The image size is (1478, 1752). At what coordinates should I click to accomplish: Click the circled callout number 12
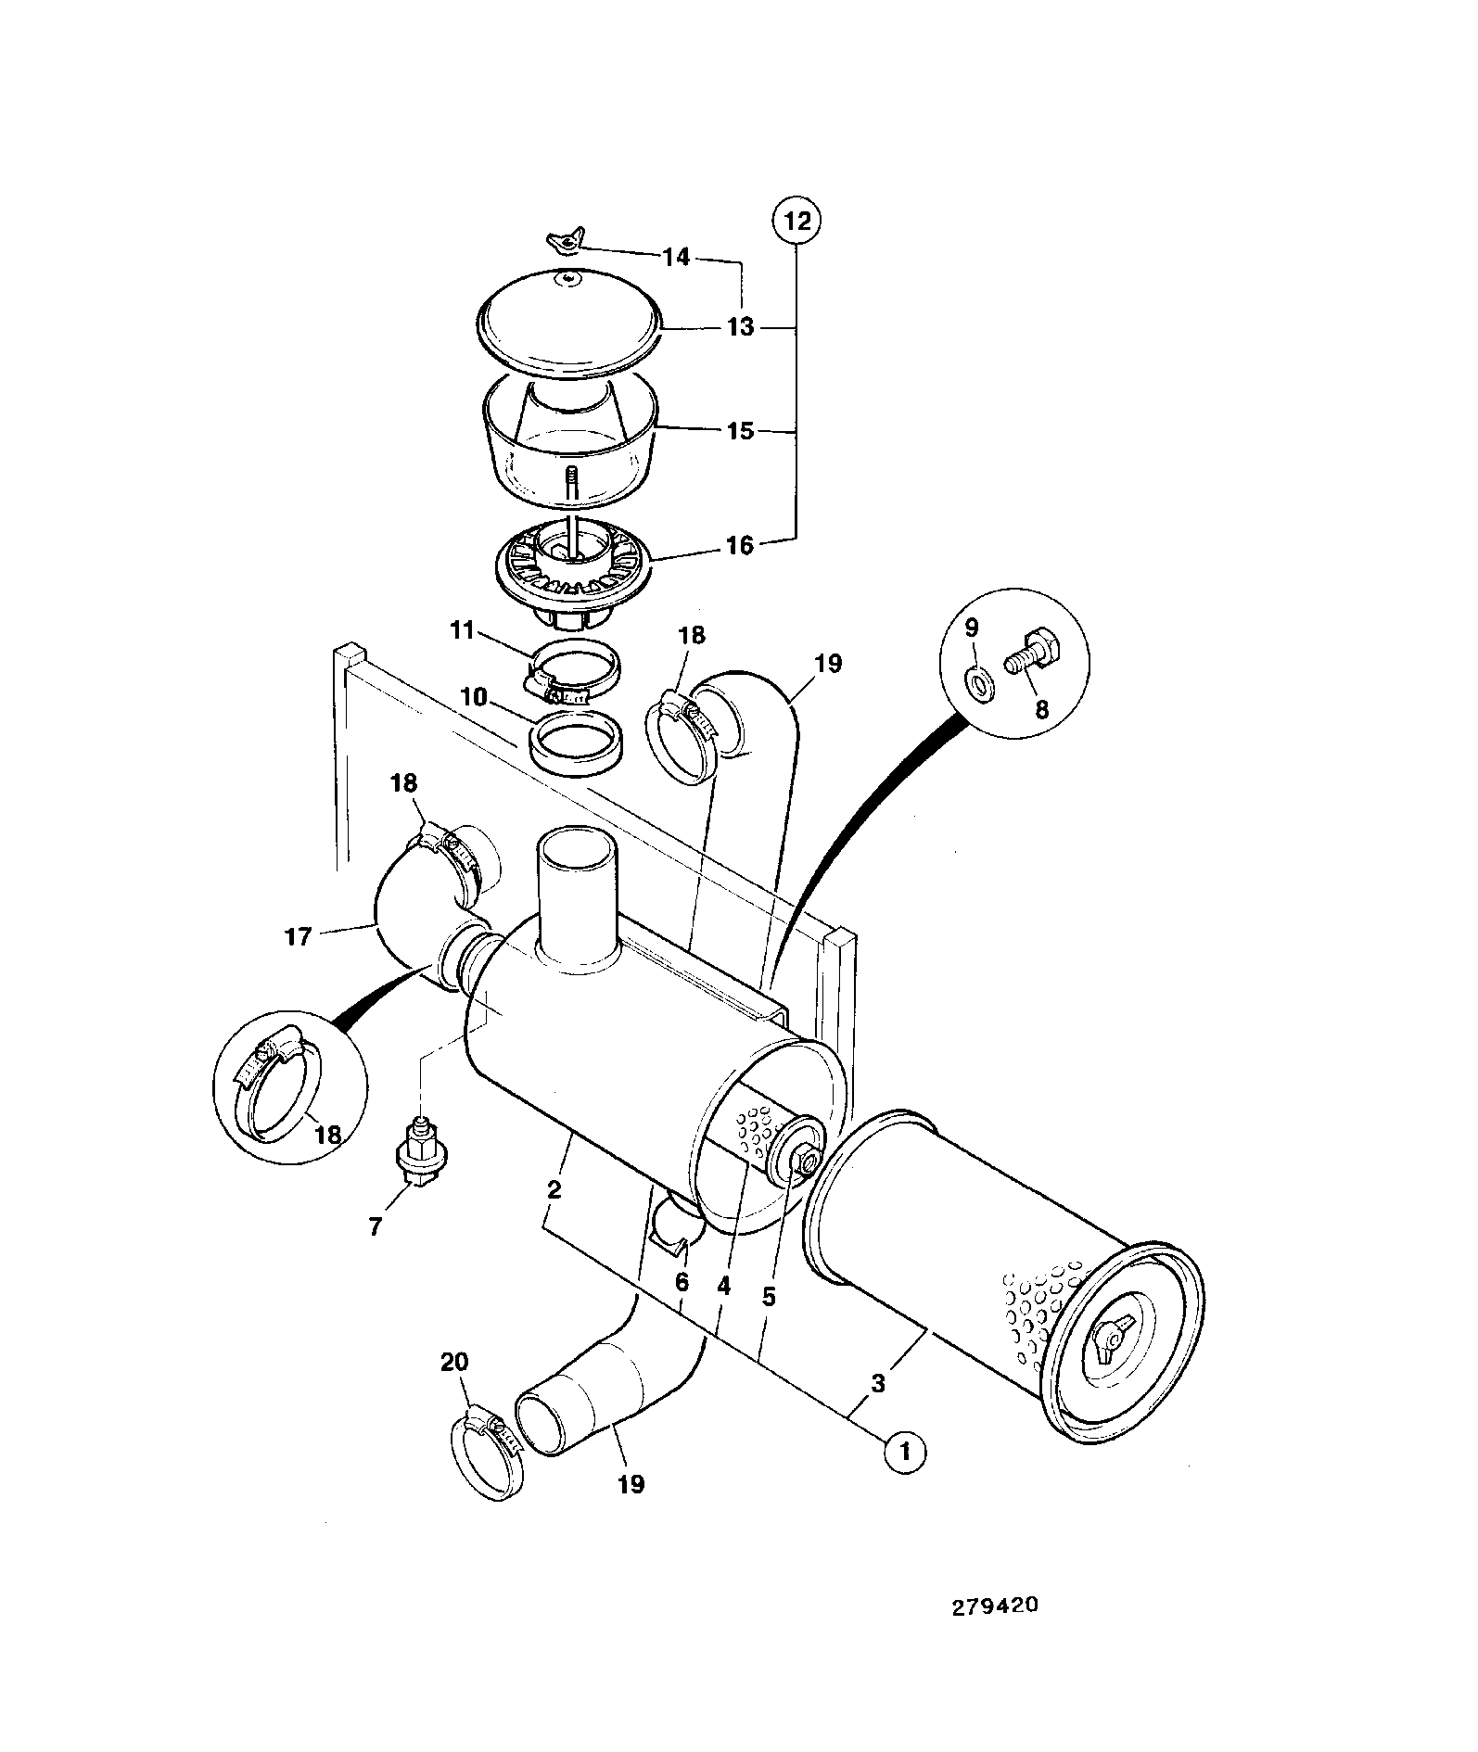pyautogui.click(x=796, y=221)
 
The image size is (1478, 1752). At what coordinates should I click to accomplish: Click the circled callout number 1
pyautogui.click(x=906, y=1476)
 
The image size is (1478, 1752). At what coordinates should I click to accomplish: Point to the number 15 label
pyautogui.click(x=740, y=431)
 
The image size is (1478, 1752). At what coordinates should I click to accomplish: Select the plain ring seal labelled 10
pyautogui.click(x=576, y=739)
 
